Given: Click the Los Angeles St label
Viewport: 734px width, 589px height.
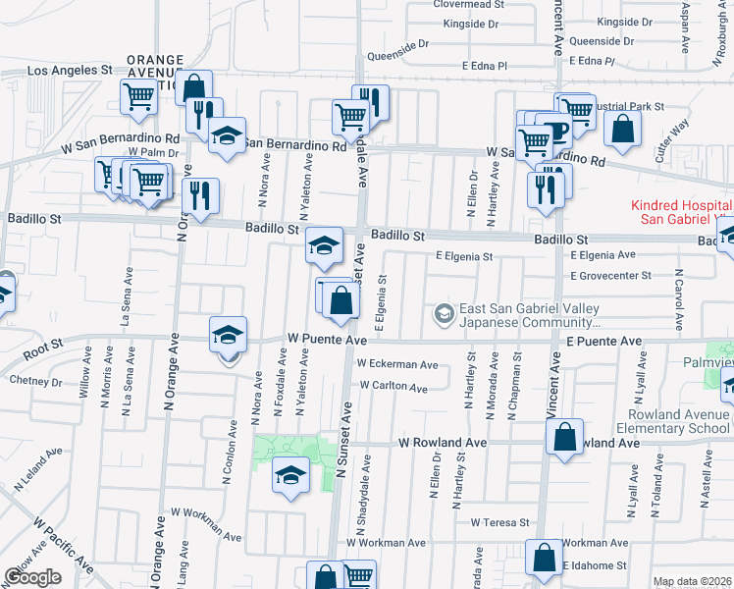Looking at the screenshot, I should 70,71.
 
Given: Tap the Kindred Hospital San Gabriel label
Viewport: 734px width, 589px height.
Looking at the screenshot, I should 678,213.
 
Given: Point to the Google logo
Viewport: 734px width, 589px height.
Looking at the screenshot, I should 32,577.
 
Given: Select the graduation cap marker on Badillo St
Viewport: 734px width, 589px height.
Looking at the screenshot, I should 324,245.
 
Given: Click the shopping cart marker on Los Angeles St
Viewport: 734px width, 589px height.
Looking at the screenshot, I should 138,96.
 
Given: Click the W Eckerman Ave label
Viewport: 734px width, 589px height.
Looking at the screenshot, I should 398,364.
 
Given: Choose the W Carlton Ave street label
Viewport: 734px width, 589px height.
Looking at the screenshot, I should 393,387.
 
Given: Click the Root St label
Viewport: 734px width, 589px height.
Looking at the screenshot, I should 43,345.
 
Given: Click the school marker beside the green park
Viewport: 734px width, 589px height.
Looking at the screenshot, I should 291,477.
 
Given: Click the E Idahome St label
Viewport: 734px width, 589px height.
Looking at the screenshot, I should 595,565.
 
